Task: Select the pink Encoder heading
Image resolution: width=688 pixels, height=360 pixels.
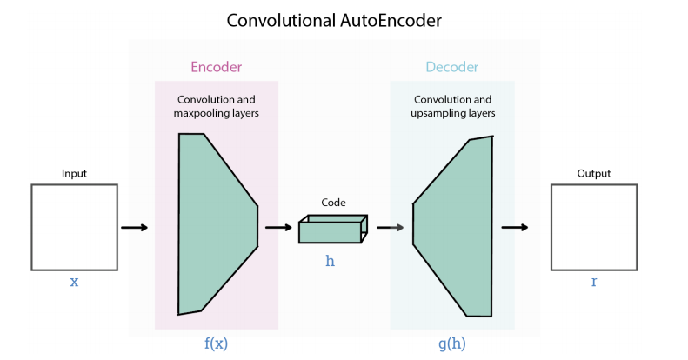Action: tap(216, 67)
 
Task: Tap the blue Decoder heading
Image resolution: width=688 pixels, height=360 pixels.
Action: tap(451, 67)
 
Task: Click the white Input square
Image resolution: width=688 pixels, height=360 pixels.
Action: tap(74, 227)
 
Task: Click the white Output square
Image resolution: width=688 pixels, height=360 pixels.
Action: tap(594, 227)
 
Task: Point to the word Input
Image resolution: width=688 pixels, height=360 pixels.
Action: tap(74, 174)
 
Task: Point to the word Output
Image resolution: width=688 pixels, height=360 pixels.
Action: tap(594, 174)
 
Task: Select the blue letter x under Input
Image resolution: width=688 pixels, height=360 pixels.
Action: tap(74, 283)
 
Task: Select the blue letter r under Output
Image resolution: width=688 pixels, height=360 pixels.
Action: tap(594, 283)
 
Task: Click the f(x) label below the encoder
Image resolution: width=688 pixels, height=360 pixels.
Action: tap(216, 343)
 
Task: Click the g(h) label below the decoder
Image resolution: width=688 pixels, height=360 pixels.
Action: tap(451, 343)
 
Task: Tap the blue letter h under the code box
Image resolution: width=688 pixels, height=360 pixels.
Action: tap(330, 261)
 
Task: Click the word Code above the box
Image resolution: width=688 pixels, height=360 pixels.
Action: tap(333, 202)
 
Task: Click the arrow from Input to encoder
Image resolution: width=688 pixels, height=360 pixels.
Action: tap(134, 228)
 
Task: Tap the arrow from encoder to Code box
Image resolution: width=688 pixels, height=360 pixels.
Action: tap(278, 228)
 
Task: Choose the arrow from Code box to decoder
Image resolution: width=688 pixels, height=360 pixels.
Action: tap(391, 228)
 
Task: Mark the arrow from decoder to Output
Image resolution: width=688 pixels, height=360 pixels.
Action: tap(515, 228)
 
